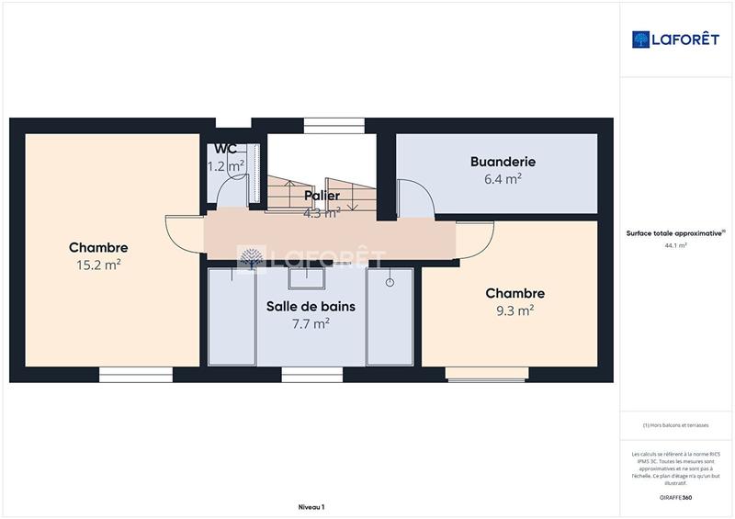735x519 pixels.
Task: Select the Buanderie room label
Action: coord(503,162)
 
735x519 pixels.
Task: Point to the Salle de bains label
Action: coord(311,306)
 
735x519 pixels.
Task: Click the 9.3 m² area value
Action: coord(514,310)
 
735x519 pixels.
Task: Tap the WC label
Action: coord(226,149)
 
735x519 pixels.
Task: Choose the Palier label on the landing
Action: coord(322,196)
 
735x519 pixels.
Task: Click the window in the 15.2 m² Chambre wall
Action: coord(136,374)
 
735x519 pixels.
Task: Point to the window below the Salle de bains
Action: coord(311,374)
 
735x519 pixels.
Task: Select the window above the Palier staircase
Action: coord(334,126)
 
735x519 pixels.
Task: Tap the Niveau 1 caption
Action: coord(311,507)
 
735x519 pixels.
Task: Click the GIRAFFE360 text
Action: coord(676,497)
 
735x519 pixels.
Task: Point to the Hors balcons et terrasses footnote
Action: coord(676,424)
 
